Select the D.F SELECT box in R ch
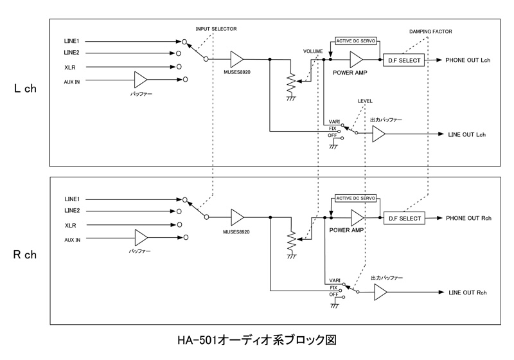point(405,219)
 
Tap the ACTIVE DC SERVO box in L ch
point(355,40)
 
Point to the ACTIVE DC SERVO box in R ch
point(355,199)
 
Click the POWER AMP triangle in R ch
point(357,219)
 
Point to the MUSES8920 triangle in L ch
point(236,59)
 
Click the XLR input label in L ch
point(71,66)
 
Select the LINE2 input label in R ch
point(72,212)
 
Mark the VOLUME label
point(313,50)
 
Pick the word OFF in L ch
point(332,136)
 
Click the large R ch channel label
point(24,255)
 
